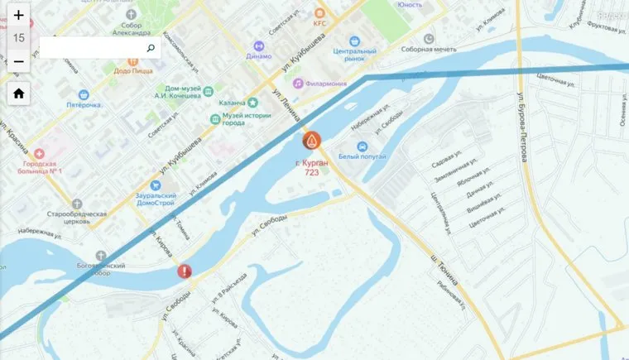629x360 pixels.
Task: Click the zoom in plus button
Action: [x=18, y=15]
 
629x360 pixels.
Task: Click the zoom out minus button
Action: [x=18, y=62]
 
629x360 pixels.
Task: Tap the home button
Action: [x=18, y=94]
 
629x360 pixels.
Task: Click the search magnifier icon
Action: [x=151, y=49]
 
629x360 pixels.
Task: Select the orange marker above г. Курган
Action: [x=312, y=142]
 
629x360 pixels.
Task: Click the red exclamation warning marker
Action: [x=185, y=271]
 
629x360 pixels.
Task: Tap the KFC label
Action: [x=319, y=23]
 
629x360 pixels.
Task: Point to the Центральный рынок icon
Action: [x=355, y=41]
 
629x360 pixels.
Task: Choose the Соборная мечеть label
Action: [x=429, y=50]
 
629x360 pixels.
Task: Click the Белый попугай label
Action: [x=363, y=156]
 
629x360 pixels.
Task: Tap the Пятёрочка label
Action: [x=84, y=105]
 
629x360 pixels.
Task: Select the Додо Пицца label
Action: [x=132, y=71]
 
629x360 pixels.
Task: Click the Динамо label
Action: [x=258, y=56]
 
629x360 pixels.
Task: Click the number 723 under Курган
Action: [x=312, y=172]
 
